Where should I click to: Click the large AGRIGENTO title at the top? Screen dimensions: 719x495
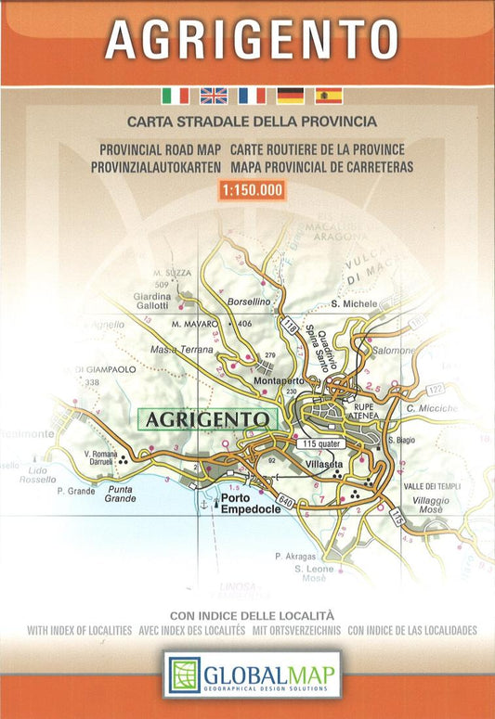[252, 40]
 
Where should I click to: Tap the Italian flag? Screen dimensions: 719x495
[175, 95]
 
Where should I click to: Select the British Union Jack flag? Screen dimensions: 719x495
[214, 95]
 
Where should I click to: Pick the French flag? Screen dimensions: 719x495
[252, 95]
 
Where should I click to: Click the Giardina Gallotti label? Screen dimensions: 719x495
[153, 301]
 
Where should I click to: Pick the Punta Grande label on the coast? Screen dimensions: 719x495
[120, 494]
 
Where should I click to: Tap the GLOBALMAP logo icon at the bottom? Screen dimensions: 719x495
[185, 674]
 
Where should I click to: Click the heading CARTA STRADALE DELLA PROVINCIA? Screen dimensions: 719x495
[252, 122]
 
